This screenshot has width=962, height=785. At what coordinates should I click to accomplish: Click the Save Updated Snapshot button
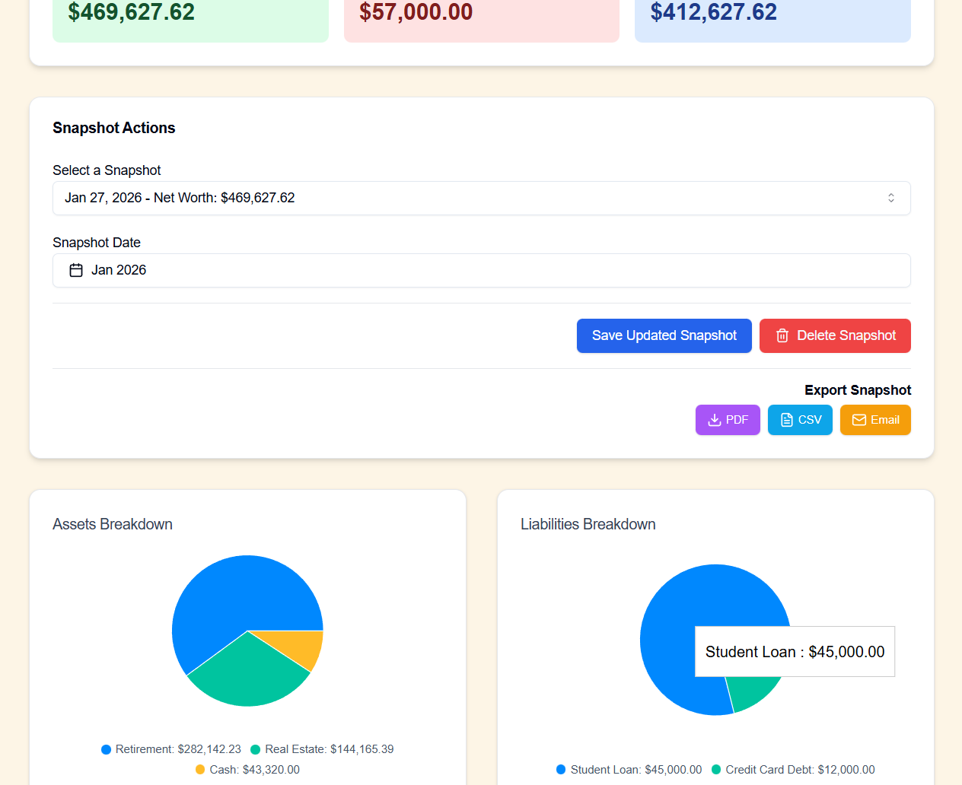click(x=664, y=335)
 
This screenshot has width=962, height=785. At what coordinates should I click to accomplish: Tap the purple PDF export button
click(x=728, y=420)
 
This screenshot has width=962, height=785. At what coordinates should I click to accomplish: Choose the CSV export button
click(x=800, y=420)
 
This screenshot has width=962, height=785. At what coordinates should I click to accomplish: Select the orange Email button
click(x=875, y=420)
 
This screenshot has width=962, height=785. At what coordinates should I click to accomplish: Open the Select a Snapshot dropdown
click(x=481, y=198)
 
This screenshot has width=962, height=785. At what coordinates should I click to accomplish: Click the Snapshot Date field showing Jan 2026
click(x=481, y=270)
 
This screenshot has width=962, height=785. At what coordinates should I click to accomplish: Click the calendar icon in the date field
click(x=76, y=270)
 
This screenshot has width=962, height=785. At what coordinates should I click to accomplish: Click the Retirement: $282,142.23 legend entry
click(x=171, y=749)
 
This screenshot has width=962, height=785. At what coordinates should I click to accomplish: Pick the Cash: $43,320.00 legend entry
click(x=247, y=770)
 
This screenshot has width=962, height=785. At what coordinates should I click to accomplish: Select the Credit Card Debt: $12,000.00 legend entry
click(x=793, y=770)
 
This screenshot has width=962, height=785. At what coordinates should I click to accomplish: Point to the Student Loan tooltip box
click(x=795, y=652)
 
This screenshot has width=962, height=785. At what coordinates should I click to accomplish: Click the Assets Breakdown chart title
click(x=113, y=524)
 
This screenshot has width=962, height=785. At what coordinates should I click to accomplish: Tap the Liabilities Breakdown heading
click(x=588, y=524)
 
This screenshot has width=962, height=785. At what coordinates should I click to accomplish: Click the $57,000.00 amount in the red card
click(x=416, y=12)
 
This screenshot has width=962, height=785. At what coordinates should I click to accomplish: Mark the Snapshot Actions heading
click(x=114, y=128)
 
